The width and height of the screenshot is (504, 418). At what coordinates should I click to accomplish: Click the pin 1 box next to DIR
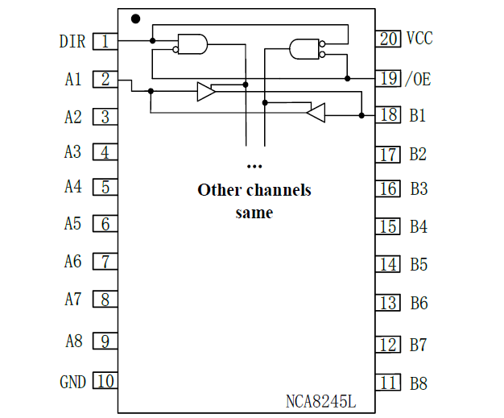pos(105,41)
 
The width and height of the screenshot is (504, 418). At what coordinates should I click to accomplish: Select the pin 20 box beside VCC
pos(388,38)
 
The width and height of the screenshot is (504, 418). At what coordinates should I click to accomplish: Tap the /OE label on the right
pos(417,79)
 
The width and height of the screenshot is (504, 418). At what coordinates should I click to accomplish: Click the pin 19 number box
pos(388,78)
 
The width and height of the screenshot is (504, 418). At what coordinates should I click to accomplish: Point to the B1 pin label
pos(417,115)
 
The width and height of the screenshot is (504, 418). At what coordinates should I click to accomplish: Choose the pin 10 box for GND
pos(105,381)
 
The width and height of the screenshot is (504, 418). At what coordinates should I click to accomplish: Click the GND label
pos(72,382)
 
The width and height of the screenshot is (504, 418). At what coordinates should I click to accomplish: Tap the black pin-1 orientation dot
pos(135,18)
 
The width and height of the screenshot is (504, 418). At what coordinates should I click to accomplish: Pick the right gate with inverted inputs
pos(305,49)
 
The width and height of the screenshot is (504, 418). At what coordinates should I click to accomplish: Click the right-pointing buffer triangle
pos(206,92)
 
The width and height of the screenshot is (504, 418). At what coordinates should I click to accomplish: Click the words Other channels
pos(254,191)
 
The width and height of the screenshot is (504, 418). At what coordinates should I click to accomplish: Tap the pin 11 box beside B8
pos(388,383)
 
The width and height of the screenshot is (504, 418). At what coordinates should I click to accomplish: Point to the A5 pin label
pos(72,224)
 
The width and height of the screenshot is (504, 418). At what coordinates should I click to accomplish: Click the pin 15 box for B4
pos(388,226)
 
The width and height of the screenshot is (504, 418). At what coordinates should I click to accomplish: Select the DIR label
pos(72,41)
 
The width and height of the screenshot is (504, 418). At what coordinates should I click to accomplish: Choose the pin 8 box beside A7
pos(105,300)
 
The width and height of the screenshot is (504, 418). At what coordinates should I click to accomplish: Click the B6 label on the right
pos(418,303)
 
